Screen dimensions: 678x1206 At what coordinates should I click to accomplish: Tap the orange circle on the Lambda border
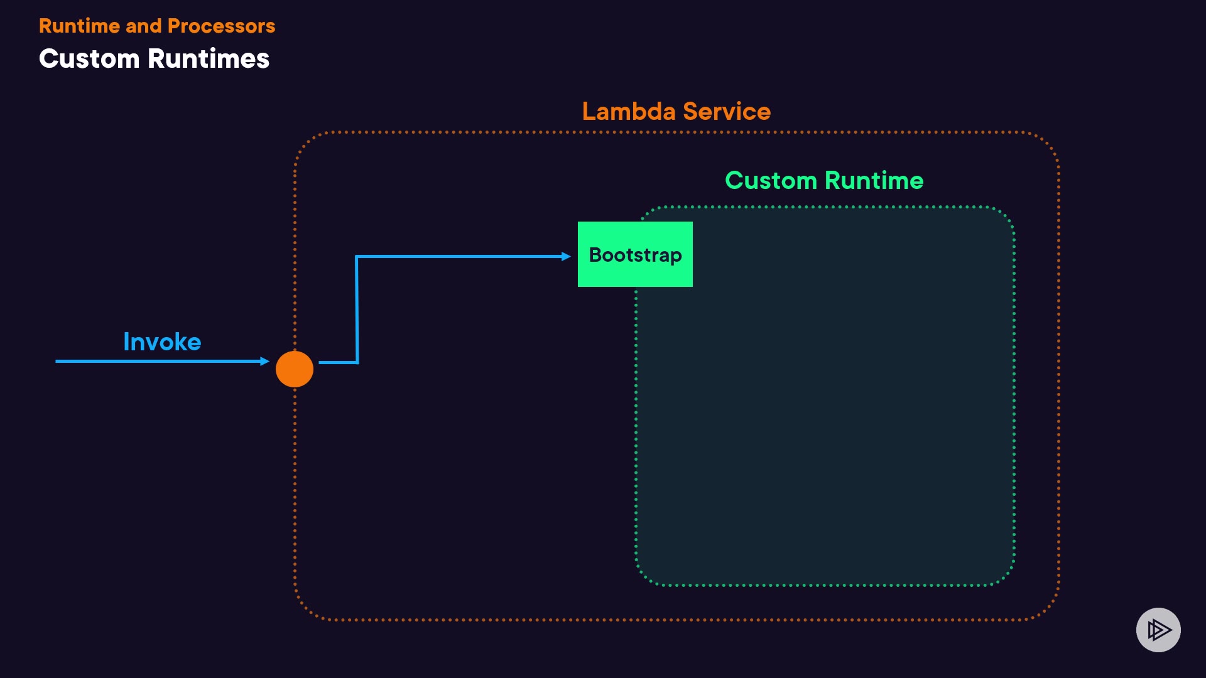coord(295,369)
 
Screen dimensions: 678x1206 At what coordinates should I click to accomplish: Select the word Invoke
coord(162,342)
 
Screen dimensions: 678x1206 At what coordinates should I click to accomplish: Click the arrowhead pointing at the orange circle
coord(265,361)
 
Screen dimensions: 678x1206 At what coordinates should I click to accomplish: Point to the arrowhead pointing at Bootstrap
coord(566,256)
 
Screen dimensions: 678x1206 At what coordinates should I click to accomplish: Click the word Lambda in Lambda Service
coord(628,112)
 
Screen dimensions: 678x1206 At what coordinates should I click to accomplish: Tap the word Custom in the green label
coord(771,181)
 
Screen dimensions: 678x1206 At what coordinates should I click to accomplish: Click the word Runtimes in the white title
coord(209,59)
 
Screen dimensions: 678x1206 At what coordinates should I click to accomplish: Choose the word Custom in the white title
coord(89,59)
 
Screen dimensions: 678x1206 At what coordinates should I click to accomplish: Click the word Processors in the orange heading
coord(221,26)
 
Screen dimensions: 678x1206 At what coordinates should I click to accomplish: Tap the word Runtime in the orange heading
coord(79,26)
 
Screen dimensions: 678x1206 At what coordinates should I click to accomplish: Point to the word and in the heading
coord(143,26)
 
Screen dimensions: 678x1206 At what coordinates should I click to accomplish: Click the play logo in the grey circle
coord(1158,630)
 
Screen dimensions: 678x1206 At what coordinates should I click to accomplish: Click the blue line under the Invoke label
coord(157,361)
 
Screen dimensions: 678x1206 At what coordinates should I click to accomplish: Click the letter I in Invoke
coord(126,342)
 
